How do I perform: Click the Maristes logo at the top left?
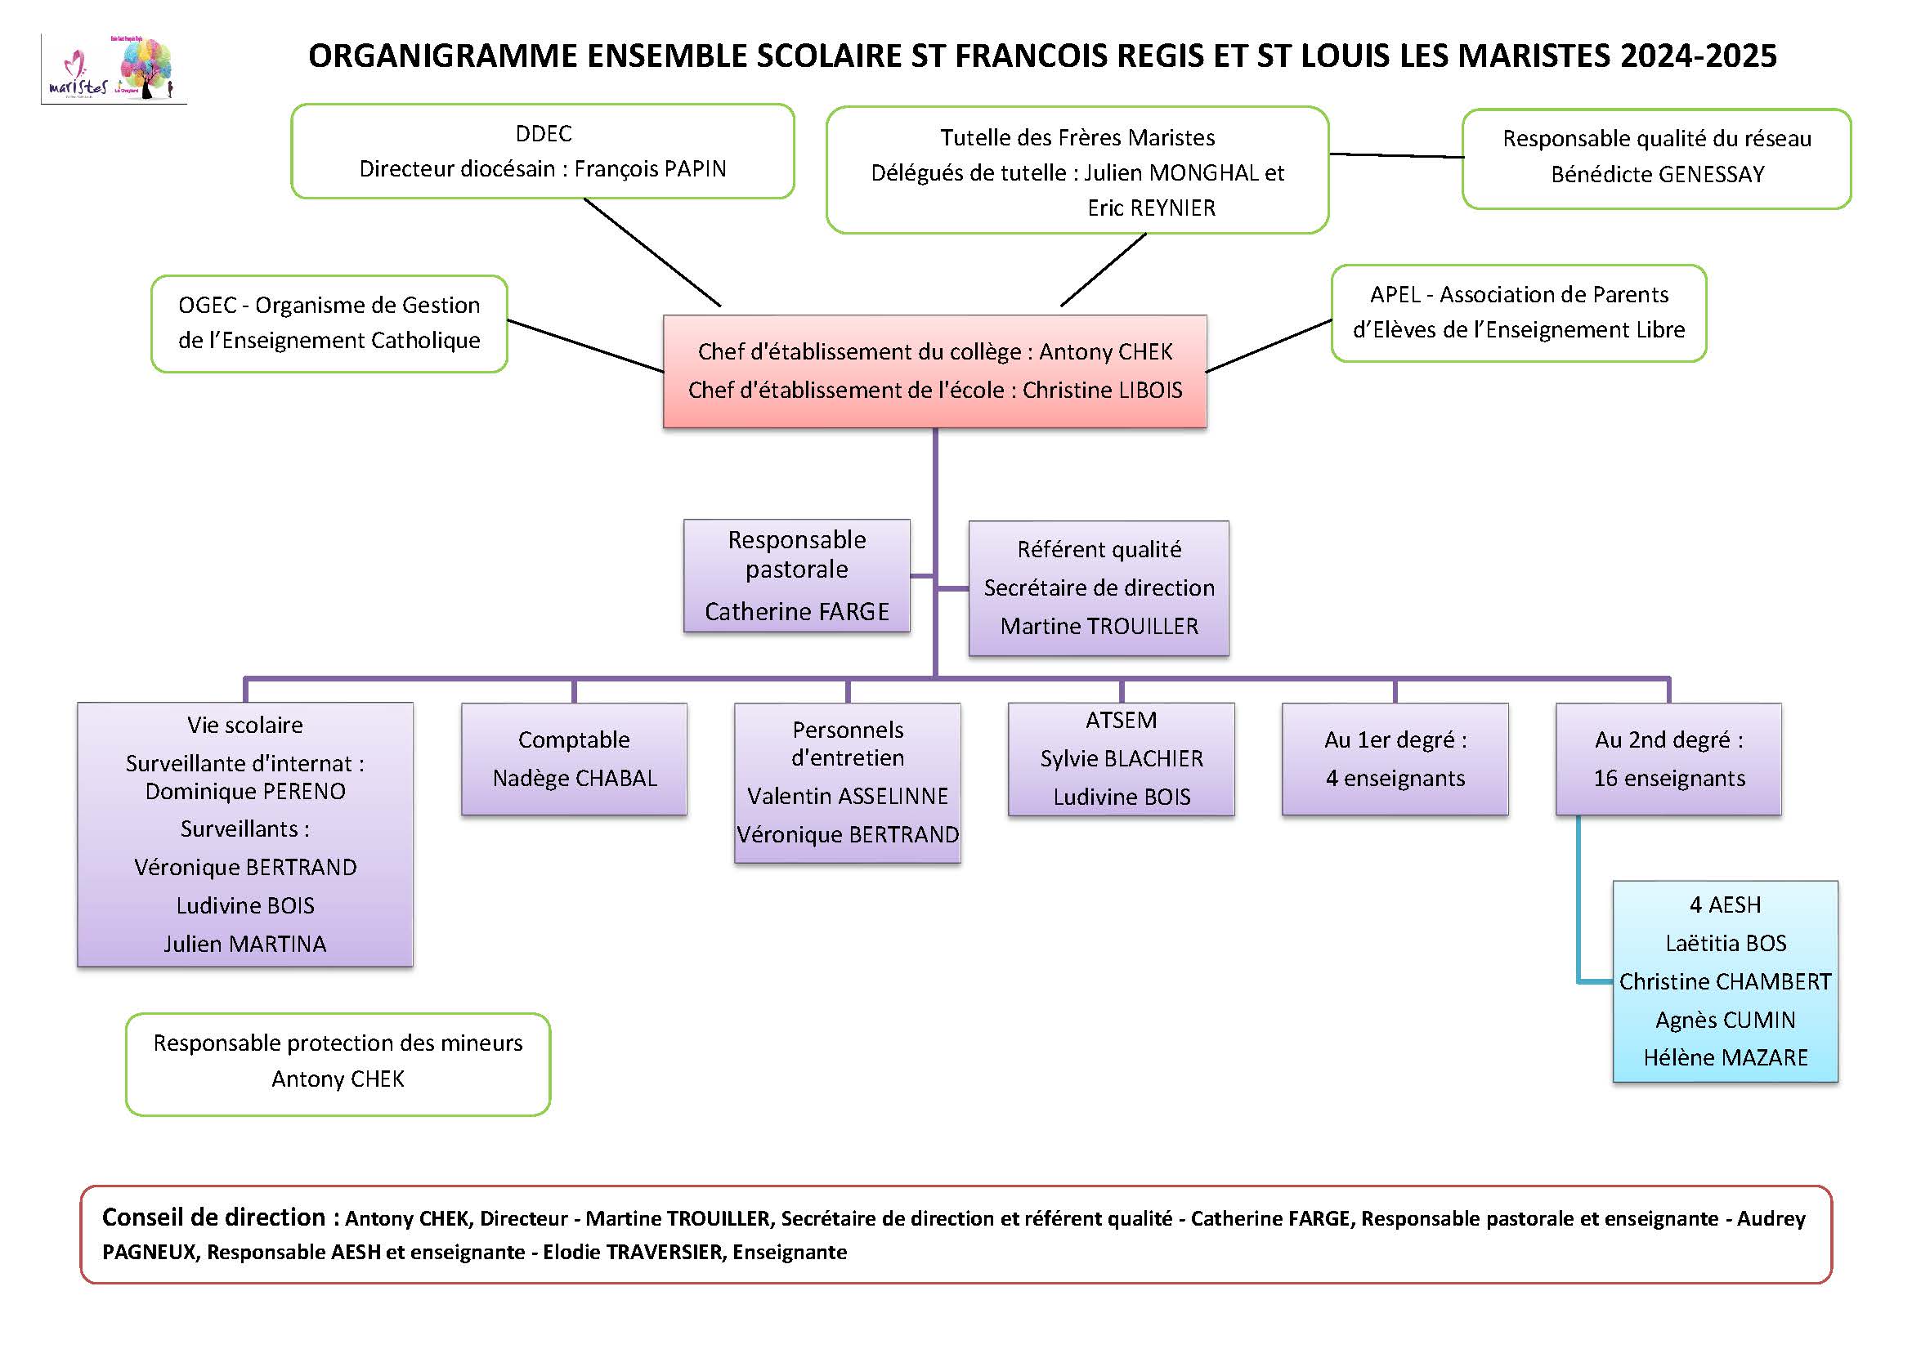113,69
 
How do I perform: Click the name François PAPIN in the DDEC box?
650,169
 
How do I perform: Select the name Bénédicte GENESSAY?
1657,174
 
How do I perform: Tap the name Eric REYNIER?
1151,208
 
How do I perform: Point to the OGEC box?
329,323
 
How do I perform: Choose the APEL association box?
1518,313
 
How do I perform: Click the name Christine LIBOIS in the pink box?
1102,391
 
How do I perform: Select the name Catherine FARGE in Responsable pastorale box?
796,611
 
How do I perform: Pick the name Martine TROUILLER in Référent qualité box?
1098,626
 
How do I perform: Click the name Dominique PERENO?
245,791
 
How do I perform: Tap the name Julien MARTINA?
245,943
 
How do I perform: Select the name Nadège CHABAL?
575,778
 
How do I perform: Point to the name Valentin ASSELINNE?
847,796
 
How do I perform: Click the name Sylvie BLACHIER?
1121,758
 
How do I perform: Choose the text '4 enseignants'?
1395,778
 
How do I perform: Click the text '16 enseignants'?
1668,778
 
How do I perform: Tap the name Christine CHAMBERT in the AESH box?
1725,981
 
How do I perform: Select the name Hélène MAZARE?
1725,1057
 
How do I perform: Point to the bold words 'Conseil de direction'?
213,1217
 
